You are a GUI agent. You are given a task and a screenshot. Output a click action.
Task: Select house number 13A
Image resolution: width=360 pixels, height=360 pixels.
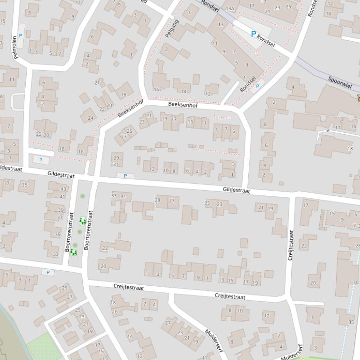(229, 8)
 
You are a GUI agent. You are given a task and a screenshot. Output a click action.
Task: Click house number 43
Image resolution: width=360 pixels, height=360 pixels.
(63, 189)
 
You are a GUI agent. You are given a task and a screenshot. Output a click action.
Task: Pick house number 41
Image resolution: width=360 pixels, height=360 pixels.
(62, 196)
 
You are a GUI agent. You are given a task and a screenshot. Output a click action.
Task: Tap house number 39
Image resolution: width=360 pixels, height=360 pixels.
(60, 210)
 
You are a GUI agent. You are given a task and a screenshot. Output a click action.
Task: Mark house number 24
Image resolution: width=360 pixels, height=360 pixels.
(90, 118)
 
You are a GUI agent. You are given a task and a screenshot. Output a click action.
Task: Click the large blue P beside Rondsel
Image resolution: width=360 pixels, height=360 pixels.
(253, 34)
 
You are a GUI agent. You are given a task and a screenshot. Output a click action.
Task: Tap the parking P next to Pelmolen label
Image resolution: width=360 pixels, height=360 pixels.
(20, 36)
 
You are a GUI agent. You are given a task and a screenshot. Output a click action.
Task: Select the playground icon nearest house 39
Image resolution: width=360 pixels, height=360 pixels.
(83, 221)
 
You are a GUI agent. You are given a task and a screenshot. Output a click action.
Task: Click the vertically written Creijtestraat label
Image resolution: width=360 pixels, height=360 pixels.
(291, 245)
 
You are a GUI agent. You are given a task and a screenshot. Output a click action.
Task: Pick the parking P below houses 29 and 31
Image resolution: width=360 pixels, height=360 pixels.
(124, 176)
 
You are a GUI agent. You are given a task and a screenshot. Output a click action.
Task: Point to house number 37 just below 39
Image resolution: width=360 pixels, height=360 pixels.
(60, 217)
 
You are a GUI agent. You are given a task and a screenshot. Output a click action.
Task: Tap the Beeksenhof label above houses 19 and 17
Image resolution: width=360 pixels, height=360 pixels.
(183, 106)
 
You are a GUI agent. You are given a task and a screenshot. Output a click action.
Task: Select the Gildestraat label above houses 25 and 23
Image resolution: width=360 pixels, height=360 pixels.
(236, 190)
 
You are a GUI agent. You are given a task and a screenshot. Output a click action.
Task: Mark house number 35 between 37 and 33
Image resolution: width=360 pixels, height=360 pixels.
(58, 235)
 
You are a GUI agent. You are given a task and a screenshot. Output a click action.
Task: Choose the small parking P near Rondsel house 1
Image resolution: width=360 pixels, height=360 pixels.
(257, 86)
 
